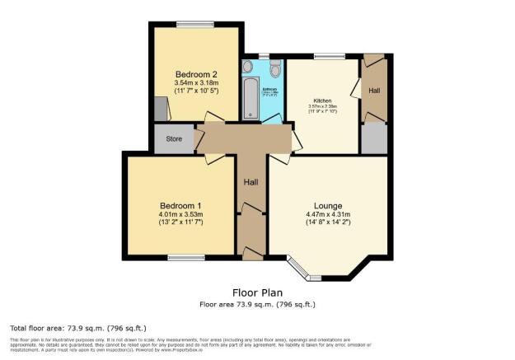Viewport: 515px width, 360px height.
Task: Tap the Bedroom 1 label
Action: pos(180,205)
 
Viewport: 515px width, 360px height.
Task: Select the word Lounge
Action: pos(327,205)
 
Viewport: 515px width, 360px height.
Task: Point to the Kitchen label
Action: pos(321,101)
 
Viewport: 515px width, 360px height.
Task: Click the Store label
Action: pos(174,139)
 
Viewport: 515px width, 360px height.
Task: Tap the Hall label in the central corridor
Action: pos(251,181)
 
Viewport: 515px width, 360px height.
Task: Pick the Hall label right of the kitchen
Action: pos(374,91)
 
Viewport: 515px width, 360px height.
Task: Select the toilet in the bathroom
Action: pos(275,68)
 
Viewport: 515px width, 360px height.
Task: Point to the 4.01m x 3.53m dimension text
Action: pos(180,214)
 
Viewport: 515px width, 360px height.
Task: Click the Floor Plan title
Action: pos(257,292)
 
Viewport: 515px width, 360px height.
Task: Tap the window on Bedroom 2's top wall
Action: pos(195,22)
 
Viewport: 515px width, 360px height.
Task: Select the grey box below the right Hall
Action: pos(374,138)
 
